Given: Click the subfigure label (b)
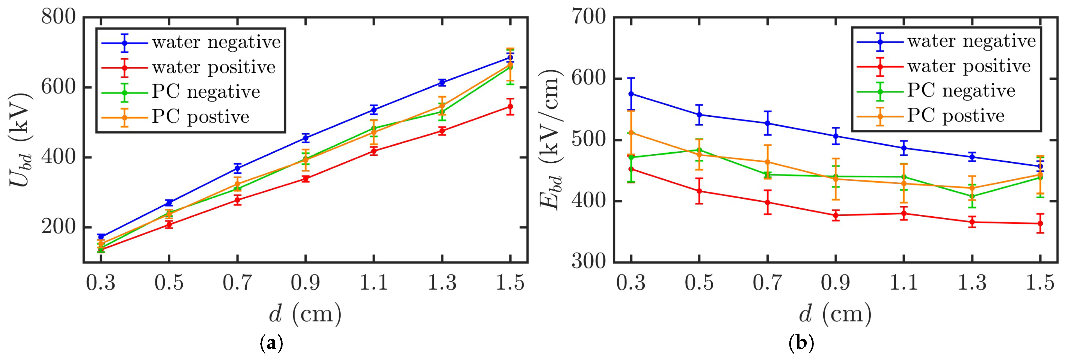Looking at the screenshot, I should [801, 343].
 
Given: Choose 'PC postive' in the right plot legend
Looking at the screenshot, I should [956, 116].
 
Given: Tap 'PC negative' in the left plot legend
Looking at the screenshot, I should [206, 92].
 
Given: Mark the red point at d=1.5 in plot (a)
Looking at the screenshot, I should [510, 107].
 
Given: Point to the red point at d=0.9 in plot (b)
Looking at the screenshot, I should [835, 215].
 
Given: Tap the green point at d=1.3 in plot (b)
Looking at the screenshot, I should [972, 196].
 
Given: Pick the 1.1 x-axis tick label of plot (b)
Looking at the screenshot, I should [904, 283].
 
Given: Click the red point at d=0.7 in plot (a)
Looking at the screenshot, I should [237, 200].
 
